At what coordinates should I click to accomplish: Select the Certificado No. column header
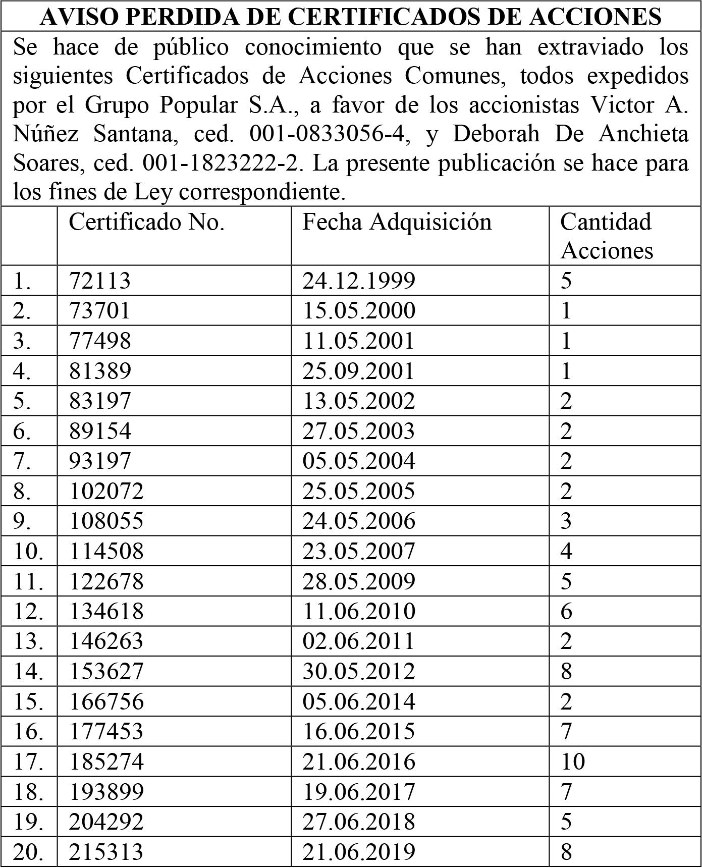146,222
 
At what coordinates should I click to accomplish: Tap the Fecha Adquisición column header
397,222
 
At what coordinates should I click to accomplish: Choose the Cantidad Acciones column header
606,236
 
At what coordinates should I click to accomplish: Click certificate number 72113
99,281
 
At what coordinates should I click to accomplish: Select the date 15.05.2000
359,310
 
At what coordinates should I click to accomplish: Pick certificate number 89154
100,431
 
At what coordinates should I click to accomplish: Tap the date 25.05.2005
359,491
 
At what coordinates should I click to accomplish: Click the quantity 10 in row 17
573,762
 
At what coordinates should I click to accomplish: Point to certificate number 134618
106,611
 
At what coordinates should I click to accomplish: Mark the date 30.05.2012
359,671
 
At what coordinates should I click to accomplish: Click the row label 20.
28,852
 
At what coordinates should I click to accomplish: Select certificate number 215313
106,852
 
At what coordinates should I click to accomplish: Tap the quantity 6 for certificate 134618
566,611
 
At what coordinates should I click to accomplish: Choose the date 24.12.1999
359,281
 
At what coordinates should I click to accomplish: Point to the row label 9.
22,521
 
